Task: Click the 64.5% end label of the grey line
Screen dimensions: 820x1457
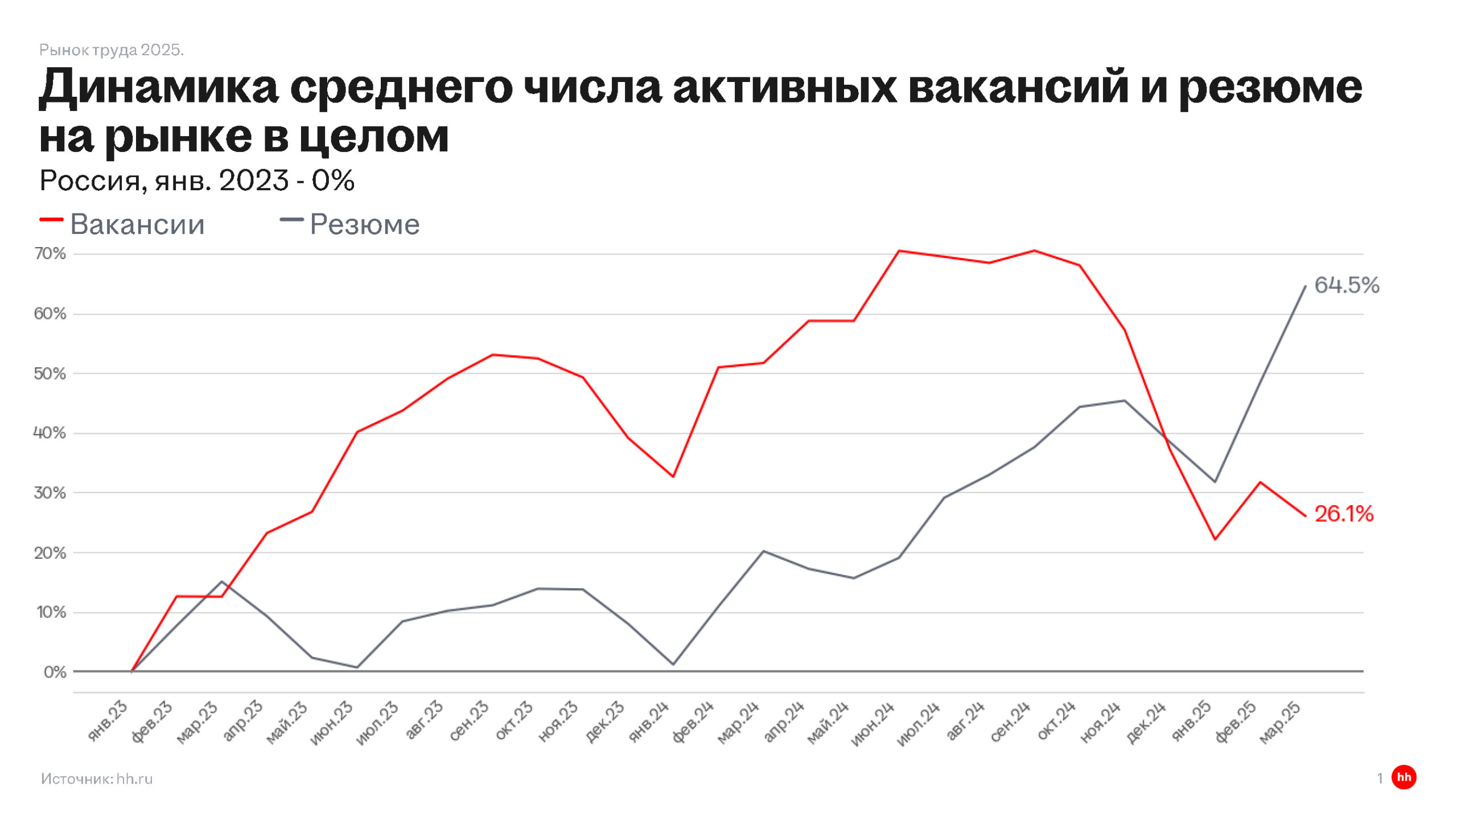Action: [1346, 285]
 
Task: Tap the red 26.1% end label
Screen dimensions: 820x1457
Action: [1343, 514]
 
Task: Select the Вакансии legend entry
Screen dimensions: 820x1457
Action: [137, 224]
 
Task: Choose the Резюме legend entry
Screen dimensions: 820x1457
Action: [364, 224]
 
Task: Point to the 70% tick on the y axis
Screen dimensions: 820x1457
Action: [50, 253]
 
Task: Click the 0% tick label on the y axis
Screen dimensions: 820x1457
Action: [55, 672]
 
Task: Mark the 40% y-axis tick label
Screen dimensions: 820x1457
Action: [50, 433]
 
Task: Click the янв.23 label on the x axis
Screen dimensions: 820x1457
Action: [108, 721]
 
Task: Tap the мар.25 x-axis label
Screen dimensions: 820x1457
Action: [1279, 723]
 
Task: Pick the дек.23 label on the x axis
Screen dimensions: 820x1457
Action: [605, 723]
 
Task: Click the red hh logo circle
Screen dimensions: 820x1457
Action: [1404, 777]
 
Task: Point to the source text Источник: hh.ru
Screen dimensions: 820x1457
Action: [97, 779]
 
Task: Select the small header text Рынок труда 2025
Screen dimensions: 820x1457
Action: [112, 50]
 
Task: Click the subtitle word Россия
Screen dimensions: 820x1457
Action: [90, 181]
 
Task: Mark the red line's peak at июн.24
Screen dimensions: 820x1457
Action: [899, 251]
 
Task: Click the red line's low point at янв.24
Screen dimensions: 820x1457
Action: [673, 477]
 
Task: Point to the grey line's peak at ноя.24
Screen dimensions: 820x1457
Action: [1124, 401]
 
